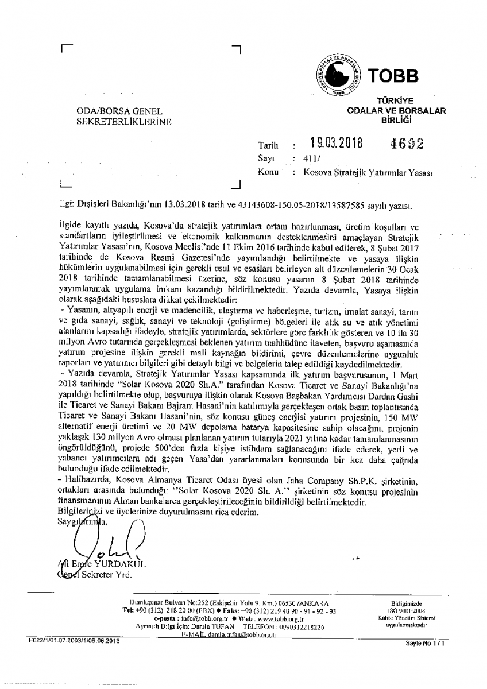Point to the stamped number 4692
coord(405,144)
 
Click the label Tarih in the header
coord(268,146)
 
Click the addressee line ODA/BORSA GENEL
coord(119,111)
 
